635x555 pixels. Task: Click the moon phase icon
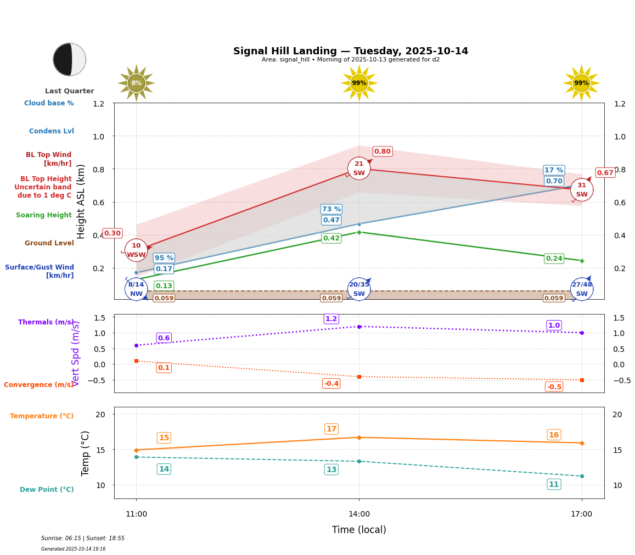click(x=70, y=59)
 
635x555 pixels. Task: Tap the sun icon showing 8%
click(x=136, y=83)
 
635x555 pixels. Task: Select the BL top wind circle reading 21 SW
click(x=359, y=168)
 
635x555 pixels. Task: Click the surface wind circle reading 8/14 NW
click(x=136, y=289)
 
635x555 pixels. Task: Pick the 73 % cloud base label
click(x=331, y=209)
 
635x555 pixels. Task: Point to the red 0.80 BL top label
click(x=383, y=152)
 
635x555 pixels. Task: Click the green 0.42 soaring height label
click(x=331, y=238)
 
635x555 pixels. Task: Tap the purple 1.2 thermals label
click(x=331, y=319)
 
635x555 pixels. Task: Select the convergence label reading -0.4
click(x=331, y=384)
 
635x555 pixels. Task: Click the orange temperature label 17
click(x=331, y=429)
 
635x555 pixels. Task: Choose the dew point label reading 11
click(x=554, y=484)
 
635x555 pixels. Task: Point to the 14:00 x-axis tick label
click(x=359, y=514)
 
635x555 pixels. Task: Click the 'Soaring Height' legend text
click(x=44, y=215)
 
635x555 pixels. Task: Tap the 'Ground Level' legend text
click(x=49, y=243)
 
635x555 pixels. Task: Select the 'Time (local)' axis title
click(x=359, y=530)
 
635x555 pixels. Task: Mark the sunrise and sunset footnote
click(x=83, y=539)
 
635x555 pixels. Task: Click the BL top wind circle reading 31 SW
click(x=582, y=190)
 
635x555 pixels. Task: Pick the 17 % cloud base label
click(x=554, y=170)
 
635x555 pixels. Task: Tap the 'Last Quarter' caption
click(x=70, y=91)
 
